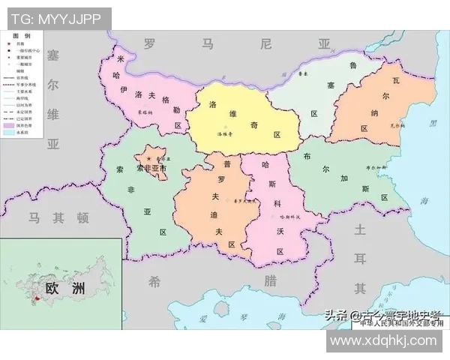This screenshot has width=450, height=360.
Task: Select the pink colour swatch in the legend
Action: [9, 124]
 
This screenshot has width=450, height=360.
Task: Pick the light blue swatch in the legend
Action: [9, 133]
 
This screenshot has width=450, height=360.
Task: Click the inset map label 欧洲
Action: [65, 289]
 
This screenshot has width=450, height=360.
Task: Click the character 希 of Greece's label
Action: [154, 281]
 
